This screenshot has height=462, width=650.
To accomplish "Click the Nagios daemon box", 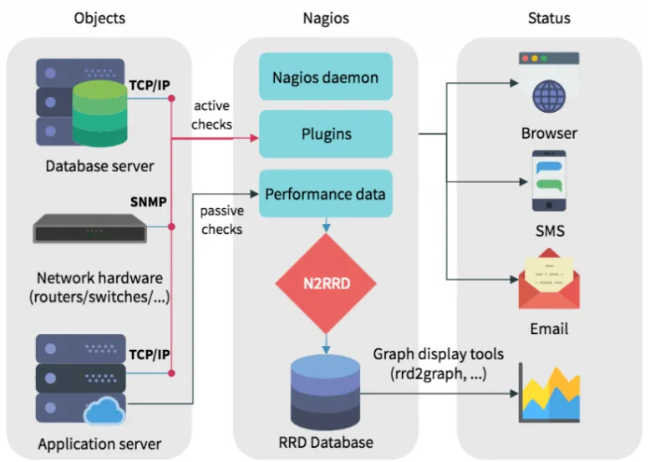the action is pyautogui.click(x=326, y=77).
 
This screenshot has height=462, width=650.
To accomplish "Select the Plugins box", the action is pyautogui.click(x=326, y=134).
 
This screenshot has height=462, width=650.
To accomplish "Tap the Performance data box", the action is pyautogui.click(x=326, y=194).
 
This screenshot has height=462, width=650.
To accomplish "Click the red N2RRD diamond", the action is pyautogui.click(x=326, y=283).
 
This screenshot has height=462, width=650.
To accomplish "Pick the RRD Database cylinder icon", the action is pyautogui.click(x=325, y=392).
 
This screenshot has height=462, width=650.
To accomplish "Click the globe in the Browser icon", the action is pyautogui.click(x=549, y=97).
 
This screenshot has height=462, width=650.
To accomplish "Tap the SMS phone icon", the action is pyautogui.click(x=549, y=180).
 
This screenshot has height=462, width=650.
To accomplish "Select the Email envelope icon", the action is pyautogui.click(x=549, y=279).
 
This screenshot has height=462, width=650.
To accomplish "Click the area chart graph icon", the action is pyautogui.click(x=549, y=393).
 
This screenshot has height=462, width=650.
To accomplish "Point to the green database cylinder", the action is pyautogui.click(x=99, y=114).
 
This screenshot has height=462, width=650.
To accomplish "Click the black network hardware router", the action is pyautogui.click(x=90, y=228).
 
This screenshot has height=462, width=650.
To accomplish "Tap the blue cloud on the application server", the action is pyautogui.click(x=104, y=411).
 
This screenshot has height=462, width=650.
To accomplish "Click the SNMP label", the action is pyautogui.click(x=149, y=202).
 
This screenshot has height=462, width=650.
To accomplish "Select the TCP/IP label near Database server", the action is pyautogui.click(x=150, y=85).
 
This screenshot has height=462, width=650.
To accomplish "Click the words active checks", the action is pyautogui.click(x=211, y=114).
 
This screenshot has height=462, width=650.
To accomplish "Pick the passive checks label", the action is pyautogui.click(x=221, y=220).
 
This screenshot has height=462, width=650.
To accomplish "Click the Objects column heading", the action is pyautogui.click(x=99, y=18).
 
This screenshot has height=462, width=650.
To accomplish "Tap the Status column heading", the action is pyautogui.click(x=549, y=18).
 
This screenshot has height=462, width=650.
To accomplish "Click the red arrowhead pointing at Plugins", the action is pyautogui.click(x=255, y=138).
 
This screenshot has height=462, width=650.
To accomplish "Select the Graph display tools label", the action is pyautogui.click(x=438, y=363).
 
